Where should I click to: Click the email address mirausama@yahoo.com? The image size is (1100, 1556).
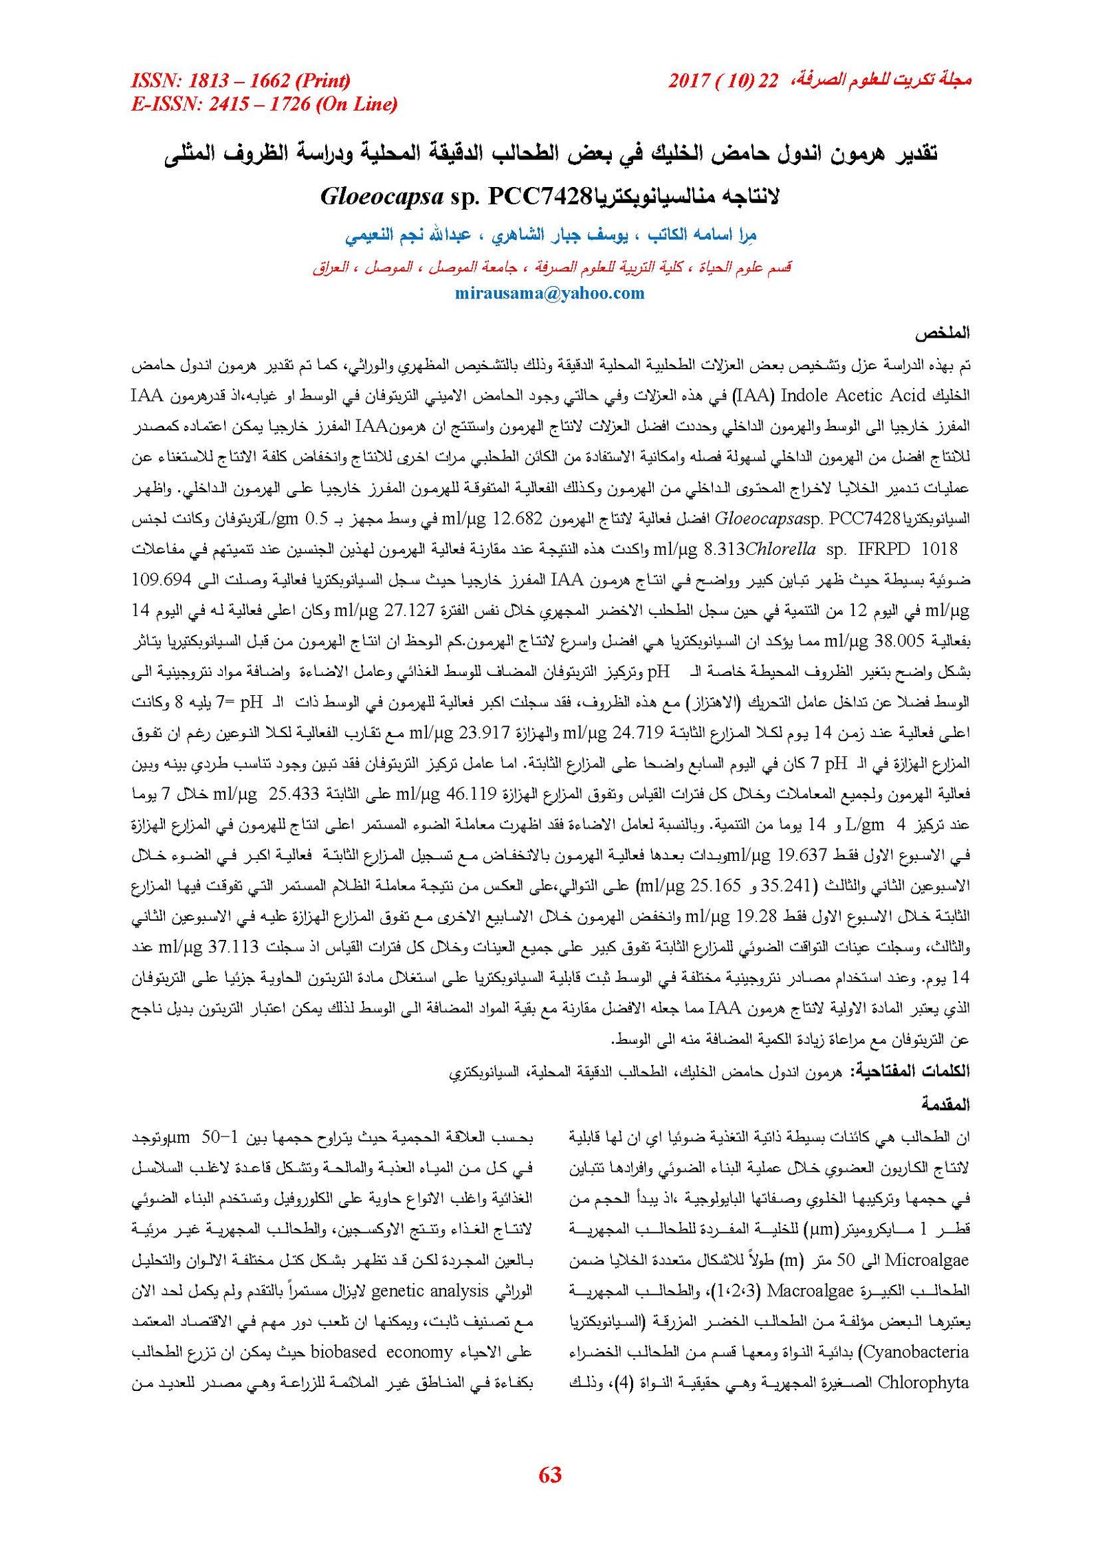click(x=549, y=294)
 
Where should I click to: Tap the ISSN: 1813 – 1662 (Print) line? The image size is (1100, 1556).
click(x=241, y=81)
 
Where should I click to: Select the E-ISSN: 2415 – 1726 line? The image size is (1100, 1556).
click(x=264, y=105)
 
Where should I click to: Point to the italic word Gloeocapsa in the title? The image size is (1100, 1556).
click(x=382, y=197)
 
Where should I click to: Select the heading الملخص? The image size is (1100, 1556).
click(x=941, y=333)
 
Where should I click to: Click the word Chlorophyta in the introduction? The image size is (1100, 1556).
click(x=923, y=1382)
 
